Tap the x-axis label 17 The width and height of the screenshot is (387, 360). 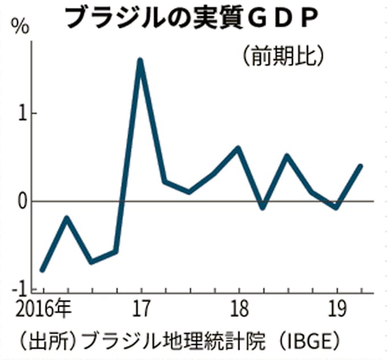tap(140, 311)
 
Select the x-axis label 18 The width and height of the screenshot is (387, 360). tap(238, 311)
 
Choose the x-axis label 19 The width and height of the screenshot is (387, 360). tap(336, 311)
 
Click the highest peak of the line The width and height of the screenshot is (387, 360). tap(140, 60)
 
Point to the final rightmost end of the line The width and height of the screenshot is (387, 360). tap(361, 166)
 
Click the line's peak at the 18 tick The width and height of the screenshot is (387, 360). tap(238, 148)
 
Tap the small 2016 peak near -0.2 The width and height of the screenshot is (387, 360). tap(67, 218)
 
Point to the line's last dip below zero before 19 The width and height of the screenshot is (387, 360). tap(336, 208)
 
